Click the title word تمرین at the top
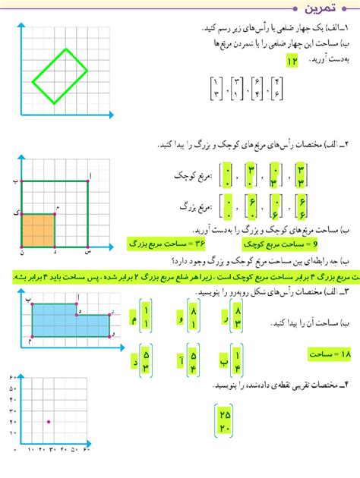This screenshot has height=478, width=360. tap(324, 9)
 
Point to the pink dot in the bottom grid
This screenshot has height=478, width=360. tap(49, 421)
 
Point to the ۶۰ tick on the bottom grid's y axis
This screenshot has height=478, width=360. tap(13, 378)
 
